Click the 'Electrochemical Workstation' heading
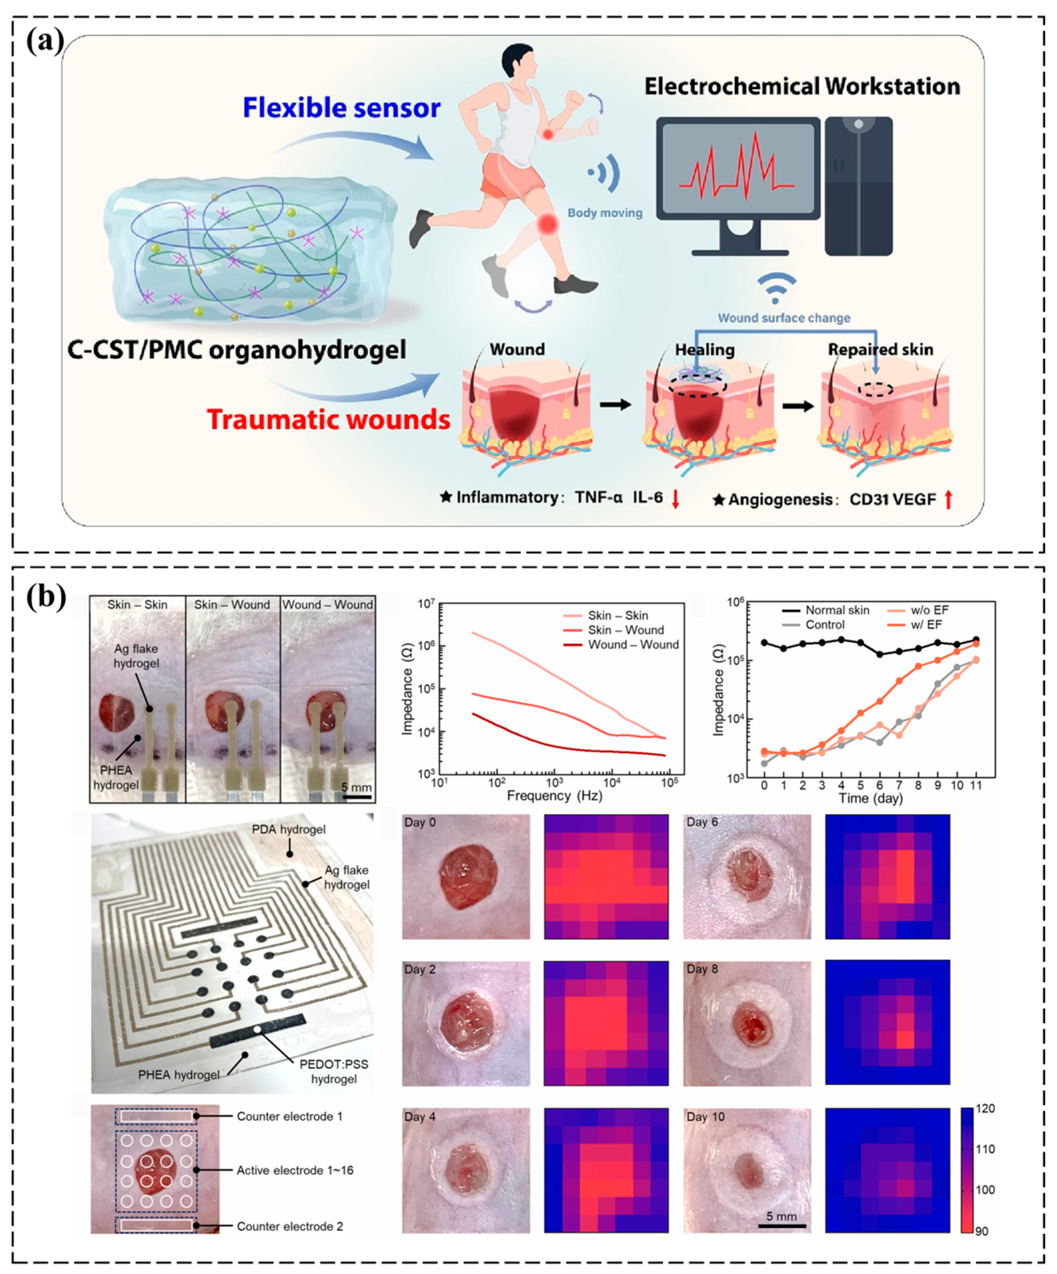pyautogui.click(x=802, y=87)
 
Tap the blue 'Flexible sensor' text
pyautogui.click(x=342, y=108)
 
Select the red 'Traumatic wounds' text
pyautogui.click(x=329, y=419)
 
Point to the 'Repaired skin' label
pyautogui.click(x=881, y=350)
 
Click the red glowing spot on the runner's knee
pyautogui.click(x=548, y=225)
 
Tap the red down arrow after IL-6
pyautogui.click(x=675, y=499)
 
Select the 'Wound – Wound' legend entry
pyautogui.click(x=633, y=645)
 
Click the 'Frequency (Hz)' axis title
pyautogui.click(x=554, y=795)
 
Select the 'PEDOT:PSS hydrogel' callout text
pyautogui.click(x=334, y=1072)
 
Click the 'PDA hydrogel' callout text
pyautogui.click(x=289, y=829)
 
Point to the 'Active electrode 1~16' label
pyautogui.click(x=295, y=1170)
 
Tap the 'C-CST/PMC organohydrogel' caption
pyautogui.click(x=236, y=351)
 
